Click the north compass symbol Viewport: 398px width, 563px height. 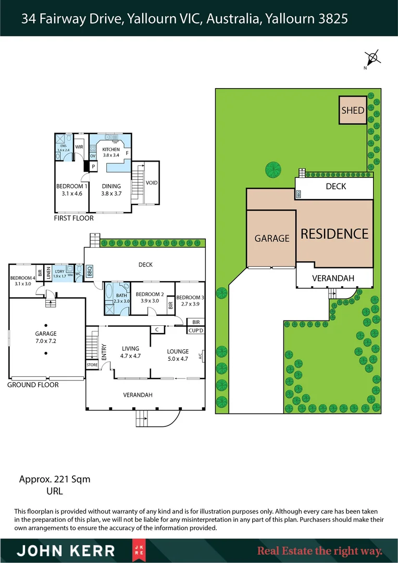click(372, 58)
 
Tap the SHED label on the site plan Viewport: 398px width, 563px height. click(353, 111)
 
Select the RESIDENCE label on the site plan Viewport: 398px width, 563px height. click(334, 234)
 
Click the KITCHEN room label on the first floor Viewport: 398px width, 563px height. click(111, 149)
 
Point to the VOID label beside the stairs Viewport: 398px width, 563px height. click(152, 183)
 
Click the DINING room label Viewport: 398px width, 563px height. click(111, 186)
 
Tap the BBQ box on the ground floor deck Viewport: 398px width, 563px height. click(89, 272)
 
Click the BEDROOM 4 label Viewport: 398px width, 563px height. click(21, 278)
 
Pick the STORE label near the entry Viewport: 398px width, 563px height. click(92, 365)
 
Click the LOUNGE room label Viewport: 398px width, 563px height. click(178, 351)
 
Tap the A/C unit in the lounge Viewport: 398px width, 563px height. click(201, 356)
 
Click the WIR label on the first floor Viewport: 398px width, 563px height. click(79, 148)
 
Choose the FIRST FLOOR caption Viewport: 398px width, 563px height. click(74, 218)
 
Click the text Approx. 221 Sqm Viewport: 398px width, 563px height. click(55, 479)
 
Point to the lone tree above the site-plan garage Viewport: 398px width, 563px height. click(272, 169)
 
